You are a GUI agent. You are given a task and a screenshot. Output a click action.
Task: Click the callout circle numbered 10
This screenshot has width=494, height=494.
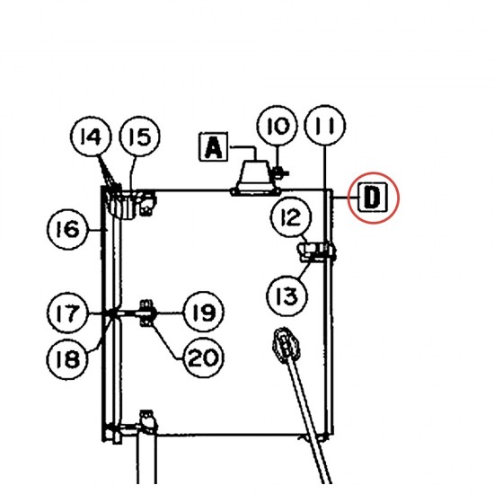point(277,126)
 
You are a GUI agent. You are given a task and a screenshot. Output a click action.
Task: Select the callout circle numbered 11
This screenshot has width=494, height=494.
point(325,126)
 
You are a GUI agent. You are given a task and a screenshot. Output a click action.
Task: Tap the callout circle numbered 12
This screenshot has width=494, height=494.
point(291,217)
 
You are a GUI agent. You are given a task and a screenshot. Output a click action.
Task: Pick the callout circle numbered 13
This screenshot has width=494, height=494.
point(287,296)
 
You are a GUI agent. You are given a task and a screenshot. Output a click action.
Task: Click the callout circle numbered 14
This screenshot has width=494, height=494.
point(91,137)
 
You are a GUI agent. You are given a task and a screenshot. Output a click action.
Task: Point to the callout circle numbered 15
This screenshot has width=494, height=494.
point(140,137)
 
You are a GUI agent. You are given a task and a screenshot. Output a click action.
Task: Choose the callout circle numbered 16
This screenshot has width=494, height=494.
point(67,229)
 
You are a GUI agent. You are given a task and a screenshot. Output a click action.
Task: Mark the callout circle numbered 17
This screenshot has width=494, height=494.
point(67,313)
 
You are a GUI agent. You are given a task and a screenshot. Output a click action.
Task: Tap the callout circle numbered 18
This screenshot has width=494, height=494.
point(67,359)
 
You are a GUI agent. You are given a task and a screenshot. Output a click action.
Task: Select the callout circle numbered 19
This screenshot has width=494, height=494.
point(204,312)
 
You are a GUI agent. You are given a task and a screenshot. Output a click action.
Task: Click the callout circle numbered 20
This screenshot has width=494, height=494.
point(204,357)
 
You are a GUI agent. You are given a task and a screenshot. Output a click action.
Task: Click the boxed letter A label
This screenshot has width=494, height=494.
point(214,147)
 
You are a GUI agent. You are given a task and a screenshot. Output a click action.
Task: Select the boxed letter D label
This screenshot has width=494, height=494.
point(373,198)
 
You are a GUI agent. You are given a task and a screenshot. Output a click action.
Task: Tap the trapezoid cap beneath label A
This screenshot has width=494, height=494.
point(255,178)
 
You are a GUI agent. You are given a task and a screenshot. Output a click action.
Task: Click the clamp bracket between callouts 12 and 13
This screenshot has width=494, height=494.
point(316,251)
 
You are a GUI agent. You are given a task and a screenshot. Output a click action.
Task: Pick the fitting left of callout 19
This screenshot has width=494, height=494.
point(146,313)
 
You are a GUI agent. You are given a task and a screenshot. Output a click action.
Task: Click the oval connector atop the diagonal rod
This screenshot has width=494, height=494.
point(286,345)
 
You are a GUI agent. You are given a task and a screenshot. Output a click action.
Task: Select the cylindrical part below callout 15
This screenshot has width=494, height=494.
point(122,205)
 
